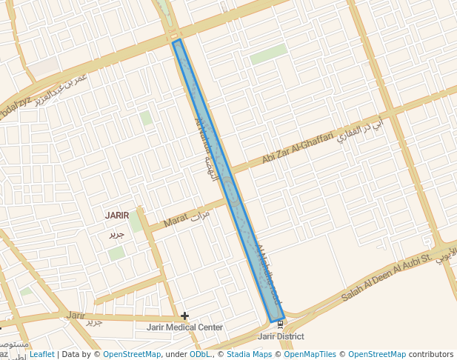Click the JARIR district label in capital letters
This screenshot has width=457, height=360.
[117, 216]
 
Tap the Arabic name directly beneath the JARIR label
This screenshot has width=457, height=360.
[117, 234]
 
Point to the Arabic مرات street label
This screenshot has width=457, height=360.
[201, 216]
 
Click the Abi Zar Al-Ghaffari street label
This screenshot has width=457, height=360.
[294, 151]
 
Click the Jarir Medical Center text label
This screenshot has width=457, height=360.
[184, 327]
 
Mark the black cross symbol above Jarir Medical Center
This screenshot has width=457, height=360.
[184, 316]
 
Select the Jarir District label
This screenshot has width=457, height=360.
[281, 336]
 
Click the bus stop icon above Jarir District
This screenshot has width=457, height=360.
[280, 324]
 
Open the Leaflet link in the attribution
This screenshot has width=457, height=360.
[41, 355]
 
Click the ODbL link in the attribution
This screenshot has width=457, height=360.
[199, 355]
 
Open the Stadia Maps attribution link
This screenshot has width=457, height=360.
[249, 355]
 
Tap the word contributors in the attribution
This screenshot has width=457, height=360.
[430, 355]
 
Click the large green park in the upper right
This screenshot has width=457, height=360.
[268, 53]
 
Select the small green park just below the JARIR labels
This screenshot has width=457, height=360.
[116, 253]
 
